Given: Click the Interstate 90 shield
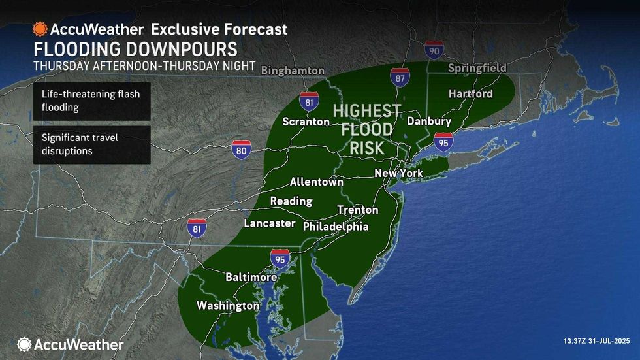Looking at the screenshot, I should [x=433, y=50].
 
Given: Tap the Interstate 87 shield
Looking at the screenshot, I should [x=400, y=77].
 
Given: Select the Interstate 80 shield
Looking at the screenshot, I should [x=240, y=150].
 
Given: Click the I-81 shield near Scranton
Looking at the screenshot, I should [x=310, y=102].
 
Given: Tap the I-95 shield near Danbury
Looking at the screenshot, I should [x=443, y=141].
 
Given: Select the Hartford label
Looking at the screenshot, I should [x=470, y=94].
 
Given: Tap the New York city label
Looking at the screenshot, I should [x=398, y=173].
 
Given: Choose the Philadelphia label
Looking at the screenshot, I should [x=336, y=227].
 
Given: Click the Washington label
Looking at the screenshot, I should [x=228, y=306].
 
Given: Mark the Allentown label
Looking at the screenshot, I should [x=316, y=182].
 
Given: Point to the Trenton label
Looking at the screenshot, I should [x=357, y=210].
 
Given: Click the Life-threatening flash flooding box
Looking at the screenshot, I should [x=92, y=101].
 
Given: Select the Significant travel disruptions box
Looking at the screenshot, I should [x=92, y=144].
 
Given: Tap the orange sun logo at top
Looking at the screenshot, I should [x=40, y=29].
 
